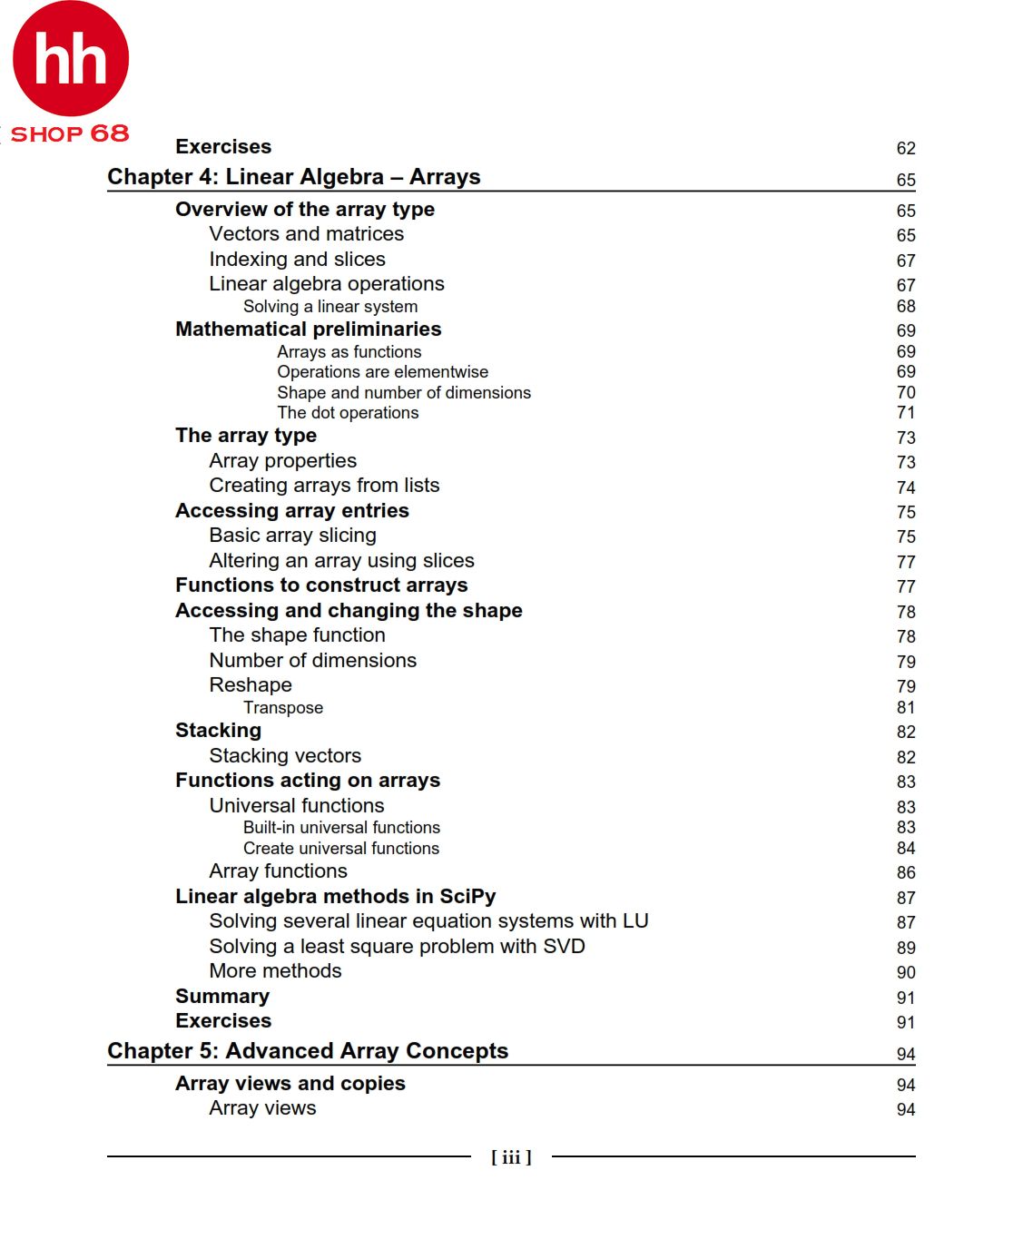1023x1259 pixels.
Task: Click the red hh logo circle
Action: point(71,59)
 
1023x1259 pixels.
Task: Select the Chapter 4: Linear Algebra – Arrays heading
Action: point(293,177)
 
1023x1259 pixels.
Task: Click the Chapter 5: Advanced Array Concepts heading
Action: point(308,1051)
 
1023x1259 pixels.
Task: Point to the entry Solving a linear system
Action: point(330,307)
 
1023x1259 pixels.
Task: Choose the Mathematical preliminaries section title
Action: point(309,330)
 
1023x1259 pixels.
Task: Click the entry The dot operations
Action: point(348,413)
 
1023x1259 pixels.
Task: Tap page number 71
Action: point(906,413)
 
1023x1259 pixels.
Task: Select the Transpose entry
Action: point(283,708)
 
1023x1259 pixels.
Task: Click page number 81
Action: point(906,708)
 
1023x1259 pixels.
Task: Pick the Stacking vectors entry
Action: point(285,756)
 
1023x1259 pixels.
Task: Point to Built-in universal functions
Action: point(341,828)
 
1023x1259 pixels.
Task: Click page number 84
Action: point(906,849)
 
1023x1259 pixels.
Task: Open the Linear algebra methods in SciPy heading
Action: point(336,897)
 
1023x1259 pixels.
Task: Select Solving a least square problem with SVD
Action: point(397,947)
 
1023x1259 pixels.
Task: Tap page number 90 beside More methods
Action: point(906,972)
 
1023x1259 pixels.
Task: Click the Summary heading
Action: point(222,997)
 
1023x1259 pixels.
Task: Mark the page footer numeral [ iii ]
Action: point(511,1157)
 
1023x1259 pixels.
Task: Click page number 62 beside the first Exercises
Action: point(906,148)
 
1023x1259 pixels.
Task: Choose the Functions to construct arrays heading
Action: point(321,585)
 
